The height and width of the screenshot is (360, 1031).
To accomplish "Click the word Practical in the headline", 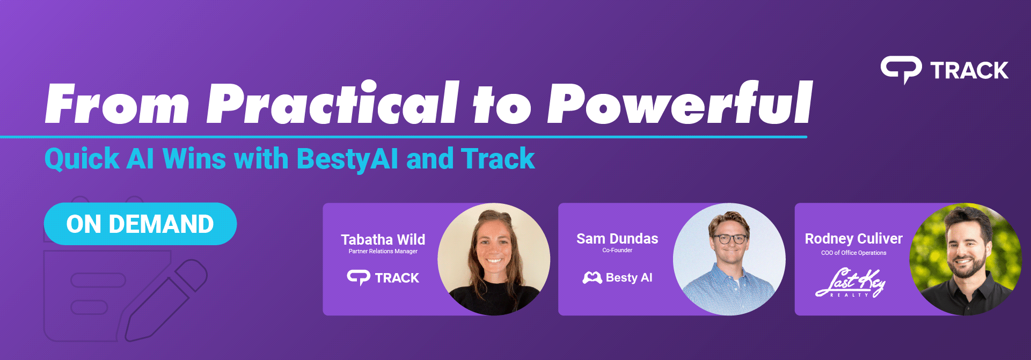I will tap(333, 103).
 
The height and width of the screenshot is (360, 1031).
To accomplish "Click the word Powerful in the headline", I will tap(679, 103).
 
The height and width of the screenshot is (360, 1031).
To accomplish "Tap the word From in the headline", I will tap(117, 104).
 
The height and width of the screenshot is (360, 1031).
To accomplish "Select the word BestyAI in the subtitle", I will tap(347, 159).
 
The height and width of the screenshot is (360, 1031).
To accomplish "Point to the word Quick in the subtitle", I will tap(82, 159).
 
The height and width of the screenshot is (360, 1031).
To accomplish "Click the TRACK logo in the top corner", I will tap(945, 70).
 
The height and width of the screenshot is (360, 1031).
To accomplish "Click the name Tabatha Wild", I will tap(383, 239).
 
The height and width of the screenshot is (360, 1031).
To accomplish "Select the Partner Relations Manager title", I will tap(383, 251).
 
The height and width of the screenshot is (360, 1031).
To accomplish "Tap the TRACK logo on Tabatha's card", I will tap(383, 277).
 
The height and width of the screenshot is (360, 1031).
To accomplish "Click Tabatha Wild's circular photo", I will tap(494, 259).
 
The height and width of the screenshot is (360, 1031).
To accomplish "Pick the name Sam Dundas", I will tap(617, 239).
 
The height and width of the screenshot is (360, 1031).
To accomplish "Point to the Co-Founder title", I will tap(617, 250).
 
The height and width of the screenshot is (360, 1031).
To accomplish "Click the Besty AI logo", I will tap(617, 277).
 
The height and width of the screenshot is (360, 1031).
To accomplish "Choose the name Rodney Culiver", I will tap(853, 239).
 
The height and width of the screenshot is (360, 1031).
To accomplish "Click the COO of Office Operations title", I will tap(853, 253).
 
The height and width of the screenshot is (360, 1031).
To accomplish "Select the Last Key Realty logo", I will tap(850, 283).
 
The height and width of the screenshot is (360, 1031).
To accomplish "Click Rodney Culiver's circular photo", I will tap(965, 259).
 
